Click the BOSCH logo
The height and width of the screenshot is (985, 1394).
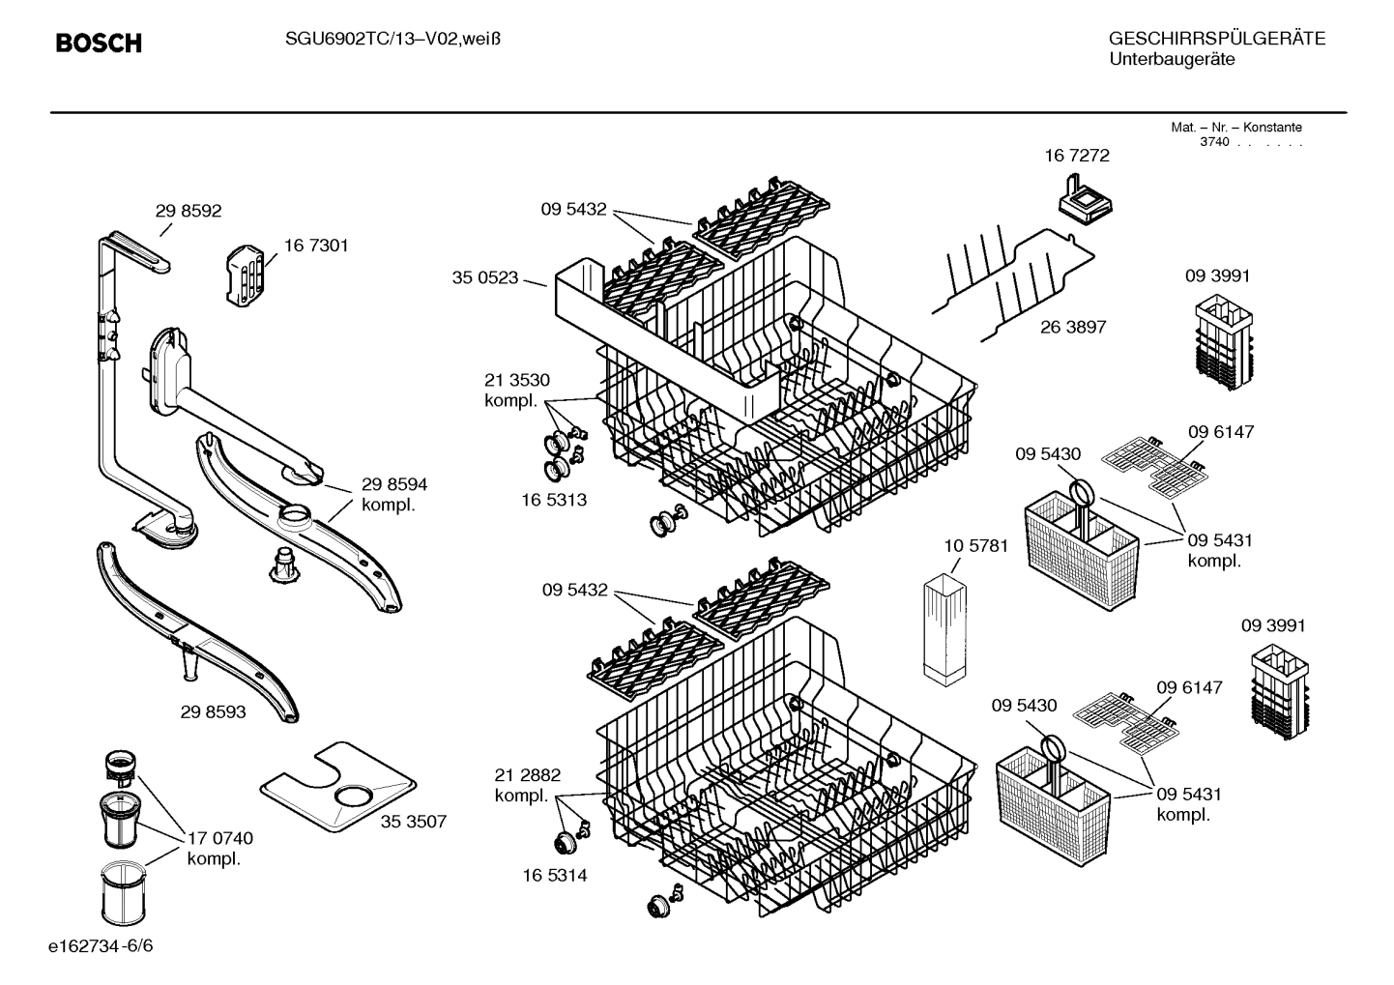[x=99, y=43]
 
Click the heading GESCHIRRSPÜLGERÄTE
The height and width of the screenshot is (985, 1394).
[x=1216, y=39]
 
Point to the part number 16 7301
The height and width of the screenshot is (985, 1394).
[x=316, y=246]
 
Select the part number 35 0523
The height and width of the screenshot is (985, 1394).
[x=484, y=278]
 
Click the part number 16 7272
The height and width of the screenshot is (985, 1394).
[x=1077, y=155]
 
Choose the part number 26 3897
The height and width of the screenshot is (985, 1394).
[x=1073, y=327]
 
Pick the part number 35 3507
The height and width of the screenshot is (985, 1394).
[x=413, y=822]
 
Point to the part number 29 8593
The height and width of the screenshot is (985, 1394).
[x=213, y=712]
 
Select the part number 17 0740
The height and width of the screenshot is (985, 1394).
[x=220, y=838]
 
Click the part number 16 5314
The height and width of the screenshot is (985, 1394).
[x=554, y=875]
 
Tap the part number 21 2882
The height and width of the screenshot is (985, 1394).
[x=527, y=775]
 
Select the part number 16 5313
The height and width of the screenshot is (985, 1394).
[x=554, y=500]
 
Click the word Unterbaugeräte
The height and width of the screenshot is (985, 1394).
[x=1172, y=60]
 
